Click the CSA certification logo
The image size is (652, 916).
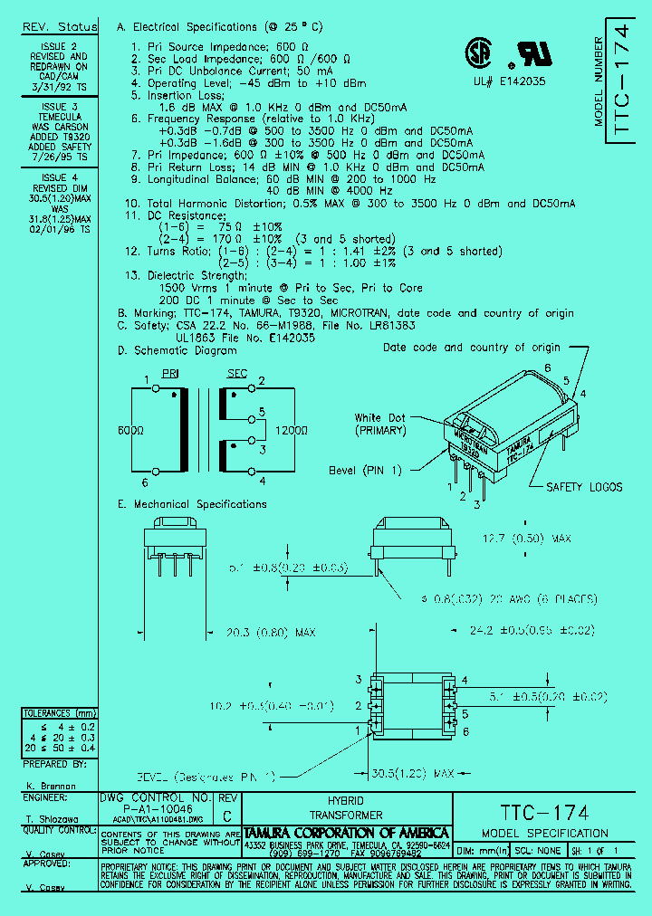point(477,53)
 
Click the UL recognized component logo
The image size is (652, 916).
point(528,55)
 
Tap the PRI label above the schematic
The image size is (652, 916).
point(170,373)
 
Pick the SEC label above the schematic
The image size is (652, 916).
point(236,373)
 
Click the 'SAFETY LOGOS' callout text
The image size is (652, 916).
point(583,487)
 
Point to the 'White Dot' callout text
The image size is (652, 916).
point(380,417)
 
